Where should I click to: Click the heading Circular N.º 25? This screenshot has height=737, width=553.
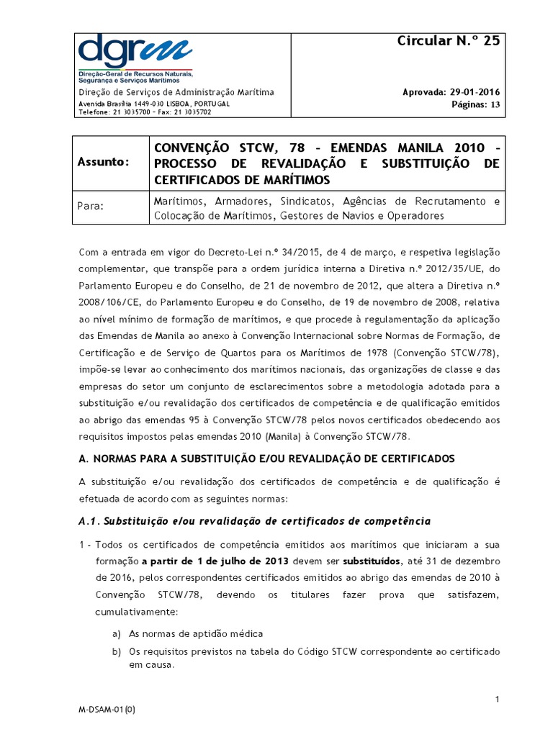pyautogui.click(x=448, y=41)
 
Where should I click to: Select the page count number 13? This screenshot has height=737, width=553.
pyautogui.click(x=495, y=104)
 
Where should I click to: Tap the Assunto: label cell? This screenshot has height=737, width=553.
pyautogui.click(x=105, y=163)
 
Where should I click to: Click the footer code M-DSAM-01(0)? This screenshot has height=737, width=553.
pyautogui.click(x=107, y=710)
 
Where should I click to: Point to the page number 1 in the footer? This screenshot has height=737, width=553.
pyautogui.click(x=497, y=699)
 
